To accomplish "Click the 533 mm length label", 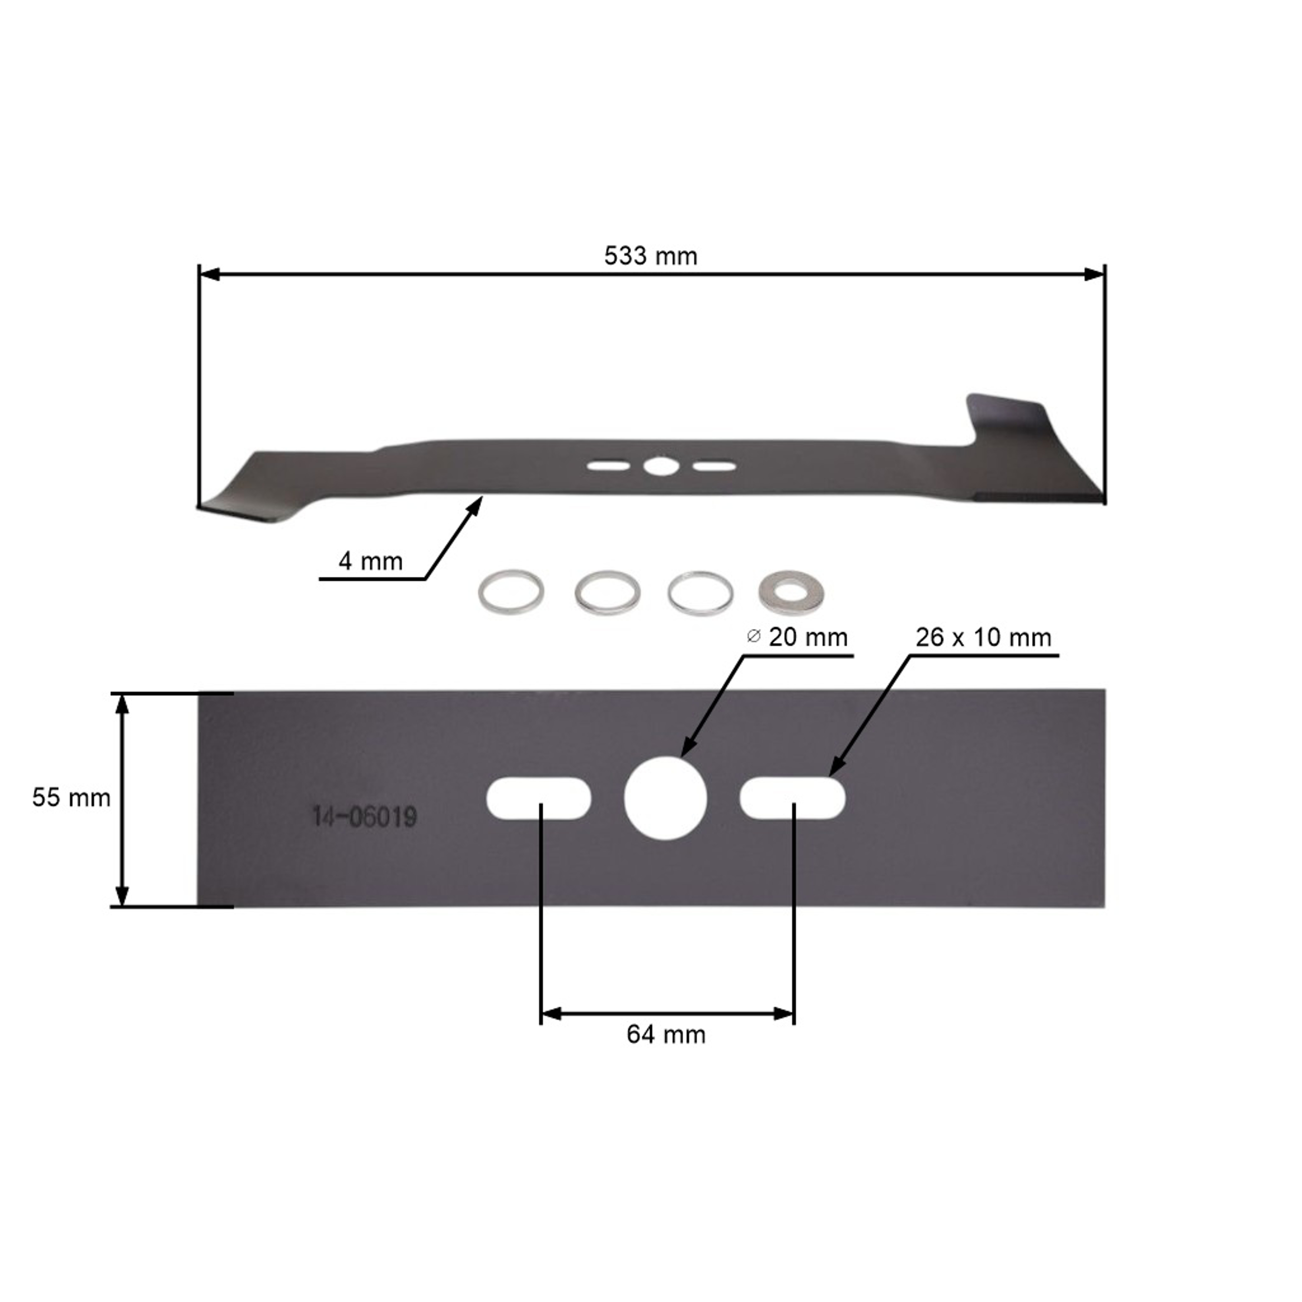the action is point(650,256).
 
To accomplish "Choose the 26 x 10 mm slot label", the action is point(983,638).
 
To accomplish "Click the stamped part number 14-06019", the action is point(364,818).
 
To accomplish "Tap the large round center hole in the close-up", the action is point(665,799).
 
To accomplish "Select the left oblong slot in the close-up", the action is point(539,799).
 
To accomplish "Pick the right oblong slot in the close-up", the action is point(792,799).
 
